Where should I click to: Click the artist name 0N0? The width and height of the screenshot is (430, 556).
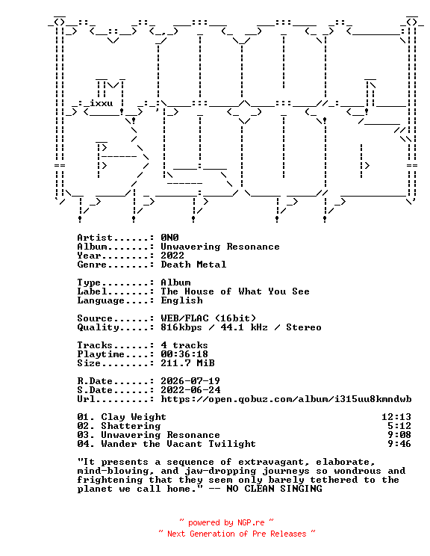tap(169, 237)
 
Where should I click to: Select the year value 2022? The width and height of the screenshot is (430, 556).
tap(172, 256)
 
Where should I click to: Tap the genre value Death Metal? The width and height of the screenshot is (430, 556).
tap(193, 264)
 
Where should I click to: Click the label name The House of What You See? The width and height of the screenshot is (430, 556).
tap(235, 291)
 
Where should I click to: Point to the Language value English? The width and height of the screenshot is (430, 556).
tap(181, 300)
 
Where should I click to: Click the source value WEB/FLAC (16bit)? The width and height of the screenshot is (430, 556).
tap(208, 318)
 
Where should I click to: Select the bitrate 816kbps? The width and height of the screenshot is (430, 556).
tap(181, 327)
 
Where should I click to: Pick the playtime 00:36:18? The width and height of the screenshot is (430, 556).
tap(184, 354)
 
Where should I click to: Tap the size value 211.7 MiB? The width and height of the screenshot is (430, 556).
tap(187, 363)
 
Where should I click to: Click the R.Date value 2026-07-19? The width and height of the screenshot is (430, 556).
tap(190, 381)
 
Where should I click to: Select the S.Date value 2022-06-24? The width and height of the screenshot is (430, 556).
tap(190, 390)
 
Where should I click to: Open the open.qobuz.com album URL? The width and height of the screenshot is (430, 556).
tap(286, 399)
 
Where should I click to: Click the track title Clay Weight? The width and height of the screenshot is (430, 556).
tap(134, 417)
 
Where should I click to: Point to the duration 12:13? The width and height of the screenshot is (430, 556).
tap(396, 417)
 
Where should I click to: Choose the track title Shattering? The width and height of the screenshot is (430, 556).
tap(131, 426)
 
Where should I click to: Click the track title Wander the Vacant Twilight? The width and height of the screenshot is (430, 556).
tap(178, 444)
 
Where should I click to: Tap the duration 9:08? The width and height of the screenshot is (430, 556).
tap(399, 435)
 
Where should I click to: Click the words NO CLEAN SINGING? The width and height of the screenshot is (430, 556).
tap(274, 489)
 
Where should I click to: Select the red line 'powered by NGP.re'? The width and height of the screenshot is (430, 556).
tap(226, 522)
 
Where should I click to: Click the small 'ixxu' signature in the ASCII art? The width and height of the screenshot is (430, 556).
tap(102, 103)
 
